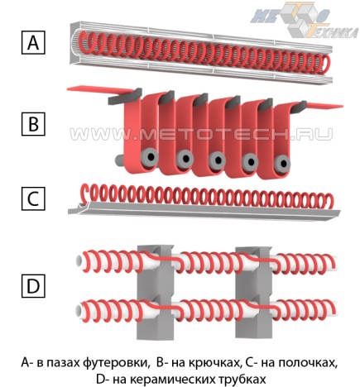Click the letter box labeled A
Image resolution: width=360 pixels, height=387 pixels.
(33, 42)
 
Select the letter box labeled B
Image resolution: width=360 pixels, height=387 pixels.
(33, 124)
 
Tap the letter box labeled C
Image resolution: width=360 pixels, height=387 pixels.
(33, 199)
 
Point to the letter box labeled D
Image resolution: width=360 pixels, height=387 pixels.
(33, 286)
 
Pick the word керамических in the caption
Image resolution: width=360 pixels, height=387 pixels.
(180, 378)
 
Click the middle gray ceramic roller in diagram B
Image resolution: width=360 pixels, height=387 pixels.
(218, 160)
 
